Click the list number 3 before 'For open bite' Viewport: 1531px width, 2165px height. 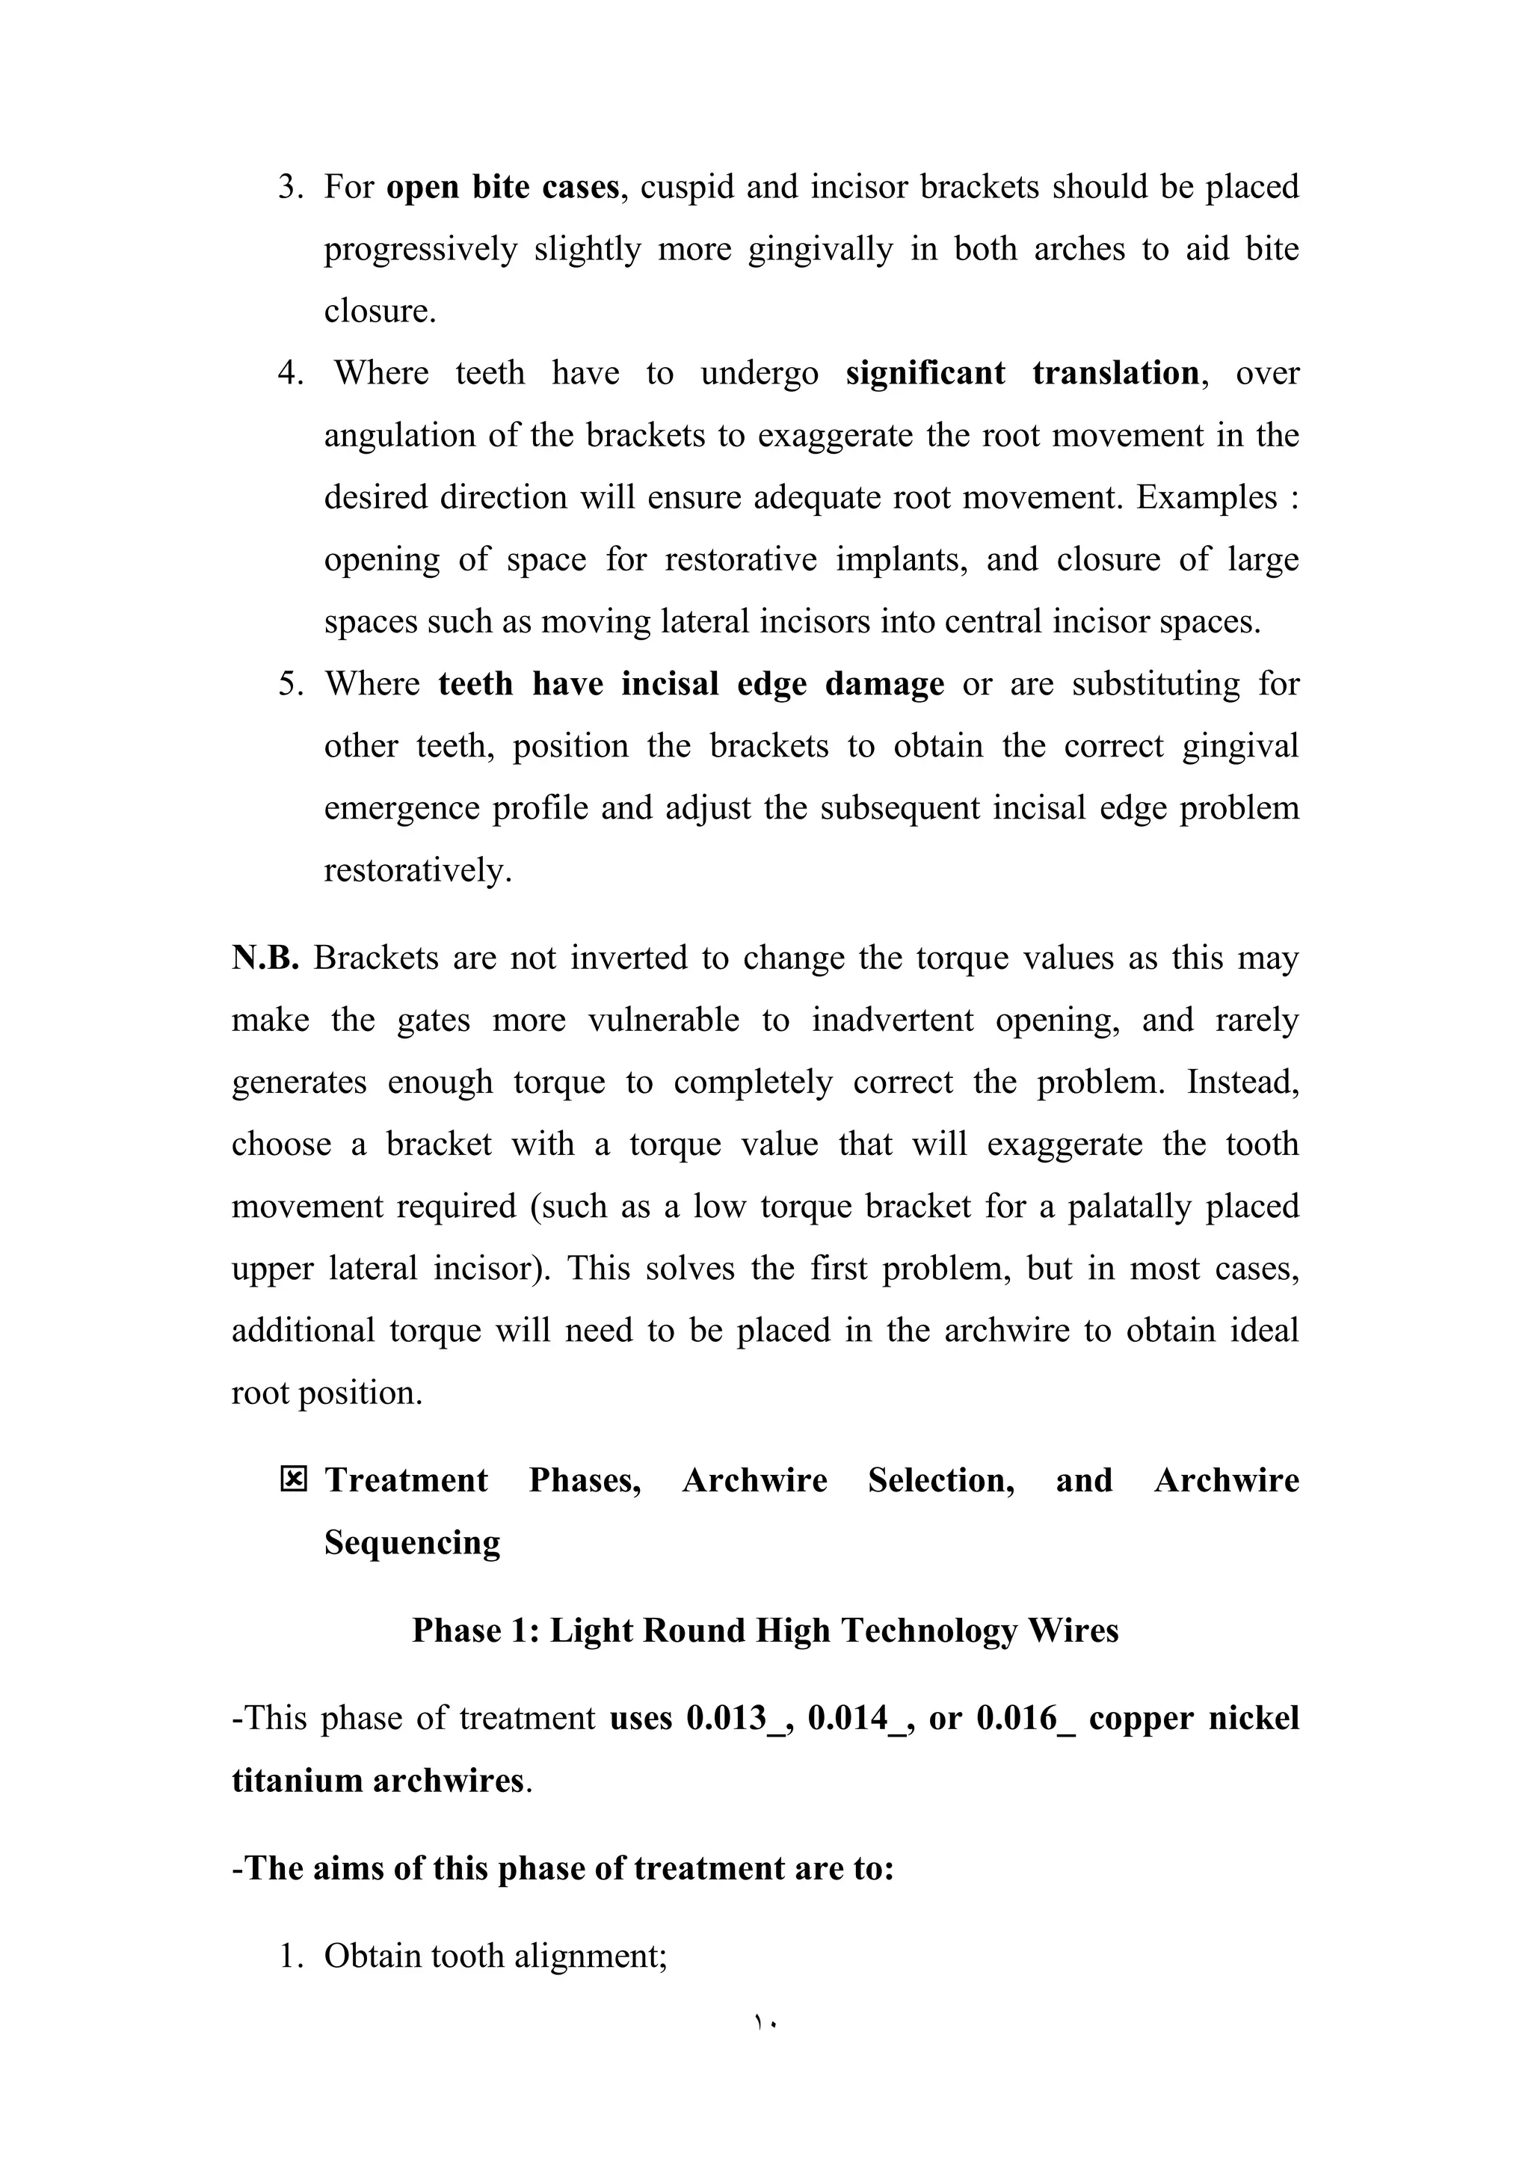click(289, 188)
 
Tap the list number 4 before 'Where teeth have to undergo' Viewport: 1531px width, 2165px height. click(289, 373)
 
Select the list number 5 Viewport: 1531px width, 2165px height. click(289, 683)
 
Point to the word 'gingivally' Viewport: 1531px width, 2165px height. click(820, 250)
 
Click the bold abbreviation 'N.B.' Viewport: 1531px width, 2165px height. click(265, 958)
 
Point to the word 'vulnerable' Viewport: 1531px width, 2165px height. click(664, 1020)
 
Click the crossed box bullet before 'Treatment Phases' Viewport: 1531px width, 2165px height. click(294, 1480)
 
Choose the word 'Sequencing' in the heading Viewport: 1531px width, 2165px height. click(412, 1543)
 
